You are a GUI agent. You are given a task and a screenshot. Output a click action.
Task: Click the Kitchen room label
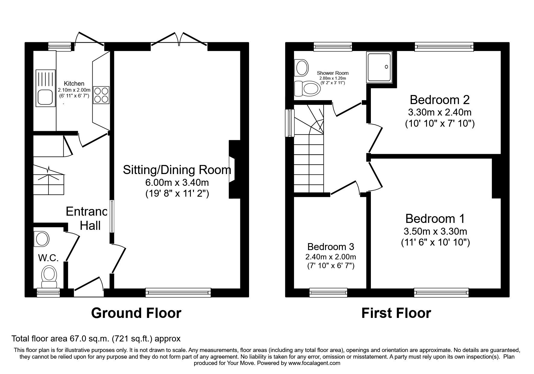74,84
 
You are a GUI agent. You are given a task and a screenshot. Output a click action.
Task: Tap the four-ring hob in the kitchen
102,95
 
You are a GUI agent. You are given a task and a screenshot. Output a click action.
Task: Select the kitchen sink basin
46,97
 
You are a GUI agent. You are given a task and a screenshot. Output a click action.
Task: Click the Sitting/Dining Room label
177,170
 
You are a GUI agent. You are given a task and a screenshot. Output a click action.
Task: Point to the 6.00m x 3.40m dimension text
177,182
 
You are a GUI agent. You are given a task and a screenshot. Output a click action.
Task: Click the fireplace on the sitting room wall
232,169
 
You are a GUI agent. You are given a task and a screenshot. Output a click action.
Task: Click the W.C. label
48,258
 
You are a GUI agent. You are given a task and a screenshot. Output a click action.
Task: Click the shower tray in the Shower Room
379,67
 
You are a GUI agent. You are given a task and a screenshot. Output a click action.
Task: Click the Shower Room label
333,73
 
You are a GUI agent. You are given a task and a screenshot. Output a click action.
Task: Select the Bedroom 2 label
440,100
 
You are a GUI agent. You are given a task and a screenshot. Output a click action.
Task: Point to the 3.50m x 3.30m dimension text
435,231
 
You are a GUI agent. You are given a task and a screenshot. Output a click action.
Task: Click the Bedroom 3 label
330,247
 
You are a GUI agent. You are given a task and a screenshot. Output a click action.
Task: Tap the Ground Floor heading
136,313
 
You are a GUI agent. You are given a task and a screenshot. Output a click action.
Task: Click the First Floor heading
396,313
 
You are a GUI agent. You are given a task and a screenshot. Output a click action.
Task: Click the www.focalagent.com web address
314,363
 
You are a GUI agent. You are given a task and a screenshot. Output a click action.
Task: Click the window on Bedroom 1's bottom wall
441,292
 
